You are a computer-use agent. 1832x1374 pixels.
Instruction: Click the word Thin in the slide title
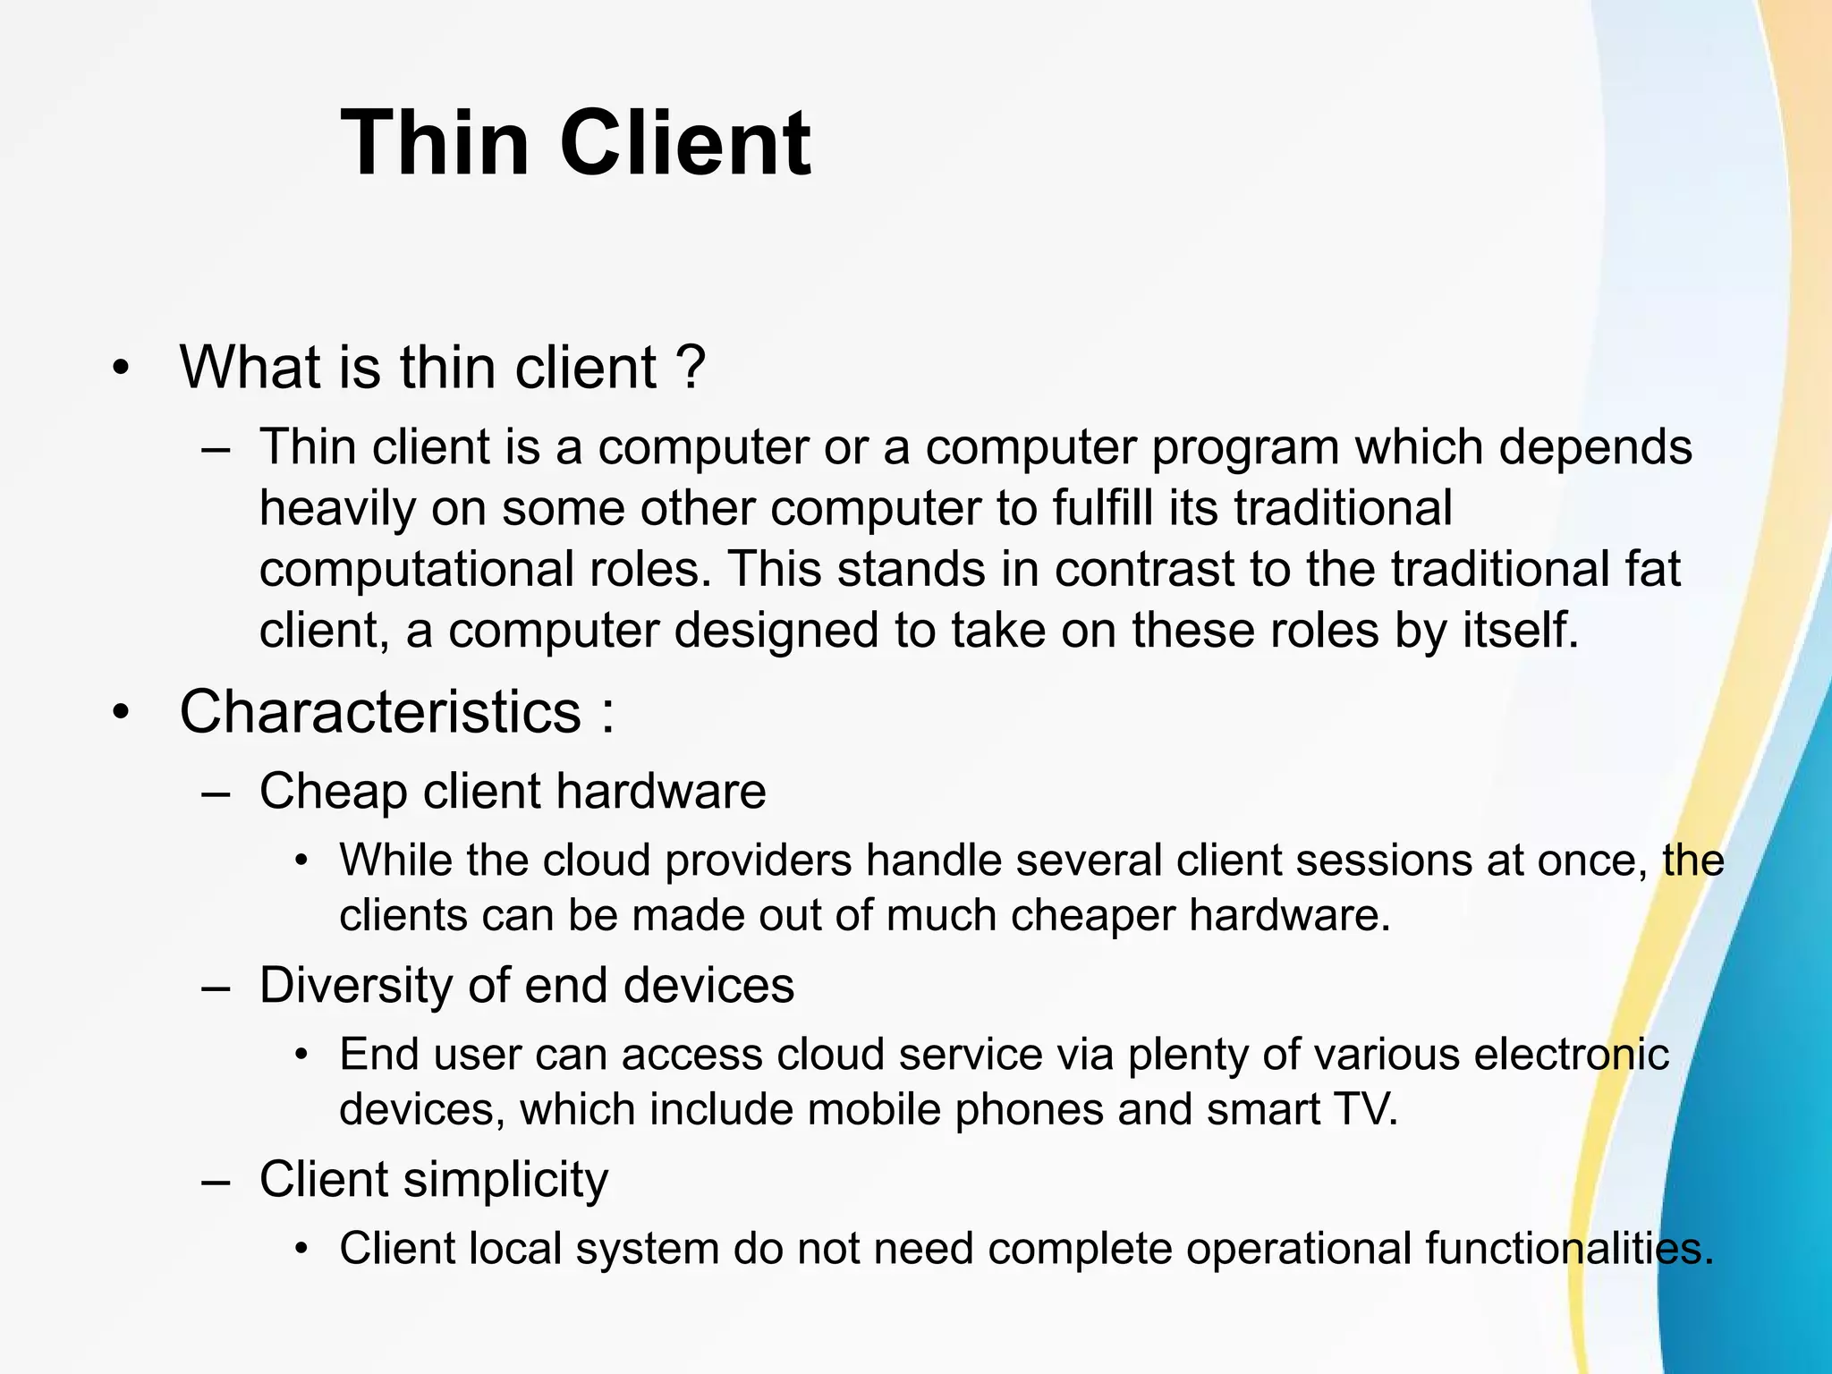434,143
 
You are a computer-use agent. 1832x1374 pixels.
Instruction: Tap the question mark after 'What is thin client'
691,367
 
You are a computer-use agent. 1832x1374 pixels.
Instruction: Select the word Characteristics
380,712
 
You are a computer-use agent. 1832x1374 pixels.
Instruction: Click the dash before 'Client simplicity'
216,1180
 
